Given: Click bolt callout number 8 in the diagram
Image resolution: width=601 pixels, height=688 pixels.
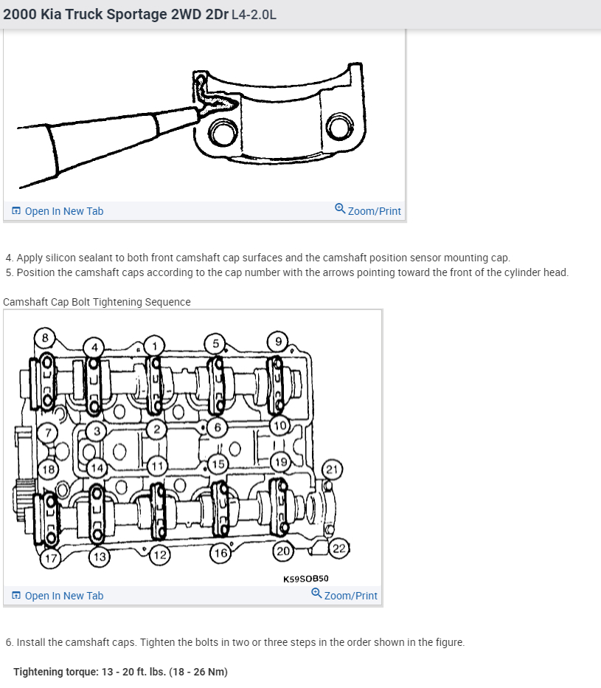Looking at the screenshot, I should tap(45, 338).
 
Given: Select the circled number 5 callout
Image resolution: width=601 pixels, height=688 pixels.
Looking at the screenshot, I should tap(215, 343).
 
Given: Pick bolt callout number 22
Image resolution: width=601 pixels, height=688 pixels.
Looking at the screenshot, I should tap(338, 548).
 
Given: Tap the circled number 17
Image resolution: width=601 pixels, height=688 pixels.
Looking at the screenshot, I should tap(49, 558).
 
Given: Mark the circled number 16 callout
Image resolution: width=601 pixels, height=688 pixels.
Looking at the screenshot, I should tap(220, 553).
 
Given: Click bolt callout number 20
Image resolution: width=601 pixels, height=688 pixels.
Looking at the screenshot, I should tap(282, 550).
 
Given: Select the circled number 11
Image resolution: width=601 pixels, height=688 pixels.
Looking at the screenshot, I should tap(156, 466).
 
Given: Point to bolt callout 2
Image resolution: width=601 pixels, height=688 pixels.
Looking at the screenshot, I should tap(156, 428).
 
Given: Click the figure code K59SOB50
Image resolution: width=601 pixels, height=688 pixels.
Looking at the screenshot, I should tap(306, 579).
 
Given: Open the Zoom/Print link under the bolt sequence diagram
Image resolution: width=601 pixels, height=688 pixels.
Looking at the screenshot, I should tap(344, 596).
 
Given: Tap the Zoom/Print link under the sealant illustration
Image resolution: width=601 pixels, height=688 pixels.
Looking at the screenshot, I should tap(368, 211).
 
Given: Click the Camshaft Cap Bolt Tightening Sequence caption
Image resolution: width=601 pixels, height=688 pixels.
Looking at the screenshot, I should tap(97, 302).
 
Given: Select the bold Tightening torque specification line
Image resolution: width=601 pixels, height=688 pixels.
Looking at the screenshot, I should tap(120, 672).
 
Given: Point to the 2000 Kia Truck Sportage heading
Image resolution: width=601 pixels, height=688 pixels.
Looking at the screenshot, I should tap(140, 15).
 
